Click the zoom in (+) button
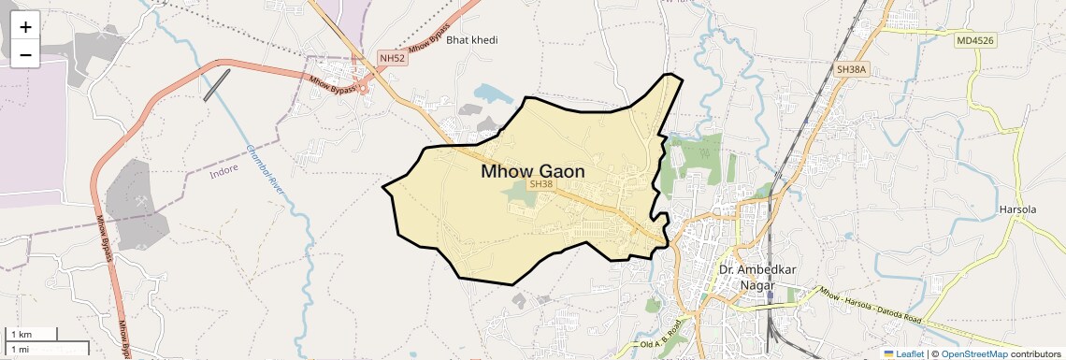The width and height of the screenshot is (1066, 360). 25,27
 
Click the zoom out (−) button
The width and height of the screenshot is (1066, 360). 25,54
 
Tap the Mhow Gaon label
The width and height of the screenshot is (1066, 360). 533,172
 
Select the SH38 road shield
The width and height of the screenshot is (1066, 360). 541,185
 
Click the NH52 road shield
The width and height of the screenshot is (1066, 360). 391,58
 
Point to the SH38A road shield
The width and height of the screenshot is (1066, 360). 853,70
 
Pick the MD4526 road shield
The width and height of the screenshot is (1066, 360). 974,40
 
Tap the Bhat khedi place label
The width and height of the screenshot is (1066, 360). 472,40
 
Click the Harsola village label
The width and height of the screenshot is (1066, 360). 1018,209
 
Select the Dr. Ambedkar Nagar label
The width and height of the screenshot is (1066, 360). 757,277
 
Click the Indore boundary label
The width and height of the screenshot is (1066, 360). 224,172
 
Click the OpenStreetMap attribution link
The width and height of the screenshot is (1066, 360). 974,353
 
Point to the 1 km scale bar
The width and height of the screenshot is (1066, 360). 33,334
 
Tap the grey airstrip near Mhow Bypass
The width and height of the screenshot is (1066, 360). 216,85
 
